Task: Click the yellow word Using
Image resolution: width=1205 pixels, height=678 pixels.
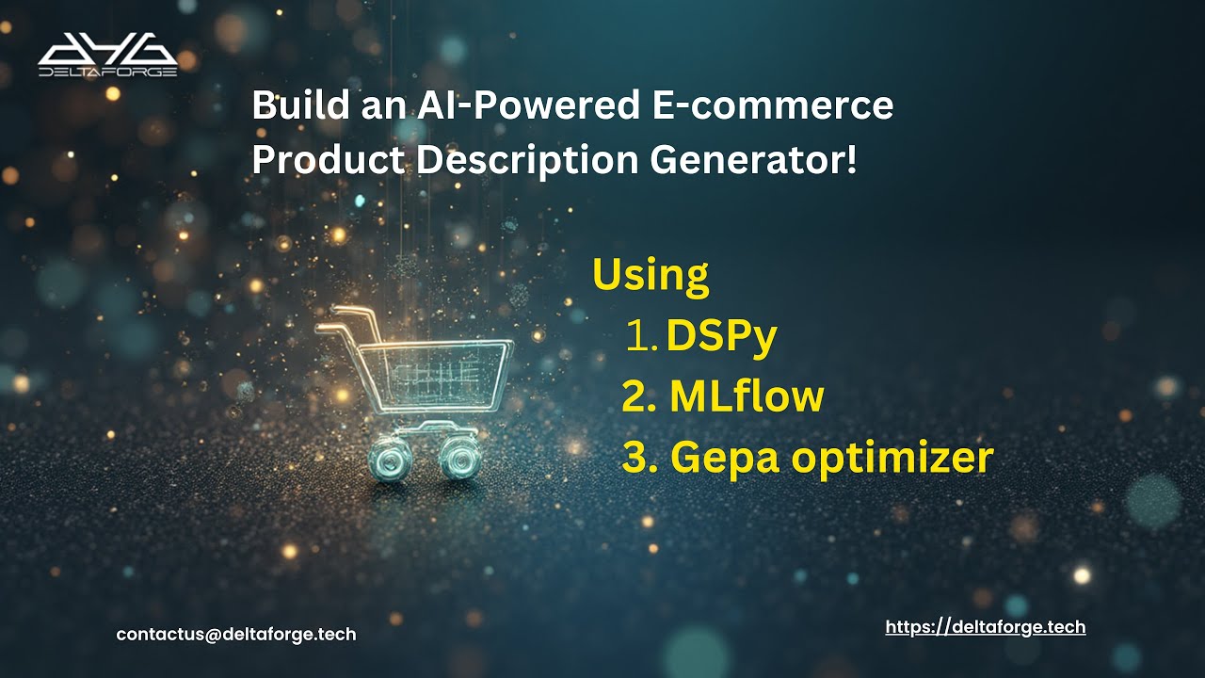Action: (x=650, y=275)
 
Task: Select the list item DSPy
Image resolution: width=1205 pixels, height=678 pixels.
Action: (x=721, y=337)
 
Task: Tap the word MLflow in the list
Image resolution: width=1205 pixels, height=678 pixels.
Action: (x=747, y=397)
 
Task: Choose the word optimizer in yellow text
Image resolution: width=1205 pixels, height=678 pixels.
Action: (x=892, y=459)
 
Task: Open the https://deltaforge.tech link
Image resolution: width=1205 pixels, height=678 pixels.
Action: (x=986, y=626)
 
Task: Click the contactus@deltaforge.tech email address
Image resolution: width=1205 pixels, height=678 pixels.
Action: (x=236, y=635)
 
